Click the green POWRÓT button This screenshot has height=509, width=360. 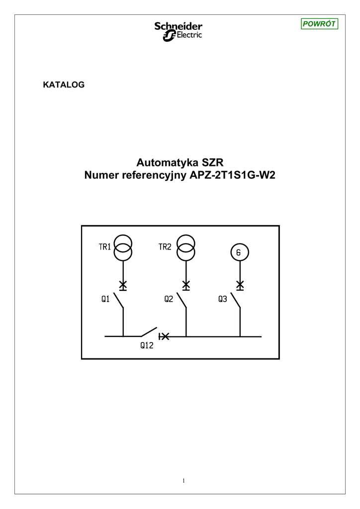(320, 24)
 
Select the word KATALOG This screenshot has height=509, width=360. (64, 85)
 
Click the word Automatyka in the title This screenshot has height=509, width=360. (168, 163)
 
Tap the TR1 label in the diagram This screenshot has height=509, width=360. (104, 247)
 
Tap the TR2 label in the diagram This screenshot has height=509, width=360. (165, 247)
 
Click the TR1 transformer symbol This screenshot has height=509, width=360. (123, 248)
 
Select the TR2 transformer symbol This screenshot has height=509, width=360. (185, 248)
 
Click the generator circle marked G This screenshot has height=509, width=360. (239, 253)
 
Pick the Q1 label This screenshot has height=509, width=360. (105, 299)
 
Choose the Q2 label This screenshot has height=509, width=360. (169, 299)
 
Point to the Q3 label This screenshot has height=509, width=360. (222, 299)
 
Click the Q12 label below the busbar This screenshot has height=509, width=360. (146, 346)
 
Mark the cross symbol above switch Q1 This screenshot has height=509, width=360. (123, 285)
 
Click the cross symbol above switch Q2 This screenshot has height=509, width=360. (185, 285)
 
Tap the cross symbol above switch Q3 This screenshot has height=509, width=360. (240, 285)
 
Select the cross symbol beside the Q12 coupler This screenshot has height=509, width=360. (164, 337)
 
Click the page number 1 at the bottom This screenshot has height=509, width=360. (183, 481)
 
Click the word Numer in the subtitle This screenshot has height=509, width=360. (102, 175)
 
